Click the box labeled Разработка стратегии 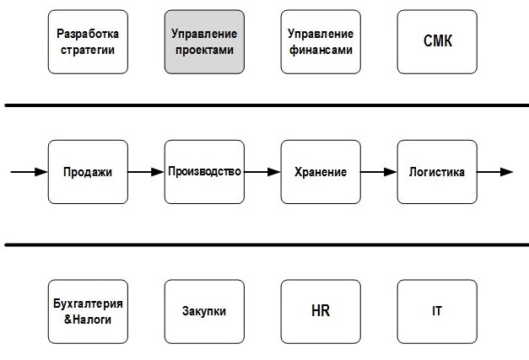click(88, 42)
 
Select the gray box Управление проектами click(204, 42)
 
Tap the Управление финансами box click(321, 42)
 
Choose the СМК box click(437, 42)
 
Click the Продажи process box click(88, 172)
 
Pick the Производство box click(204, 172)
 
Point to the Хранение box click(321, 172)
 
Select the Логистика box click(437, 172)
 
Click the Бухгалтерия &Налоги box click(88, 311)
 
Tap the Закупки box click(204, 311)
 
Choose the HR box click(321, 311)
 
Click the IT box click(437, 311)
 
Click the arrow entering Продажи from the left click(29, 172)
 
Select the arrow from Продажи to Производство click(146, 172)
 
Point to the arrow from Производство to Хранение click(262, 172)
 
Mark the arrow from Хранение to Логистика click(379, 172)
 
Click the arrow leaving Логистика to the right click(494, 172)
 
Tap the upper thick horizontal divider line click(264, 105)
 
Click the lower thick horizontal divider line click(264, 245)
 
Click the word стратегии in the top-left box click(88, 50)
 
